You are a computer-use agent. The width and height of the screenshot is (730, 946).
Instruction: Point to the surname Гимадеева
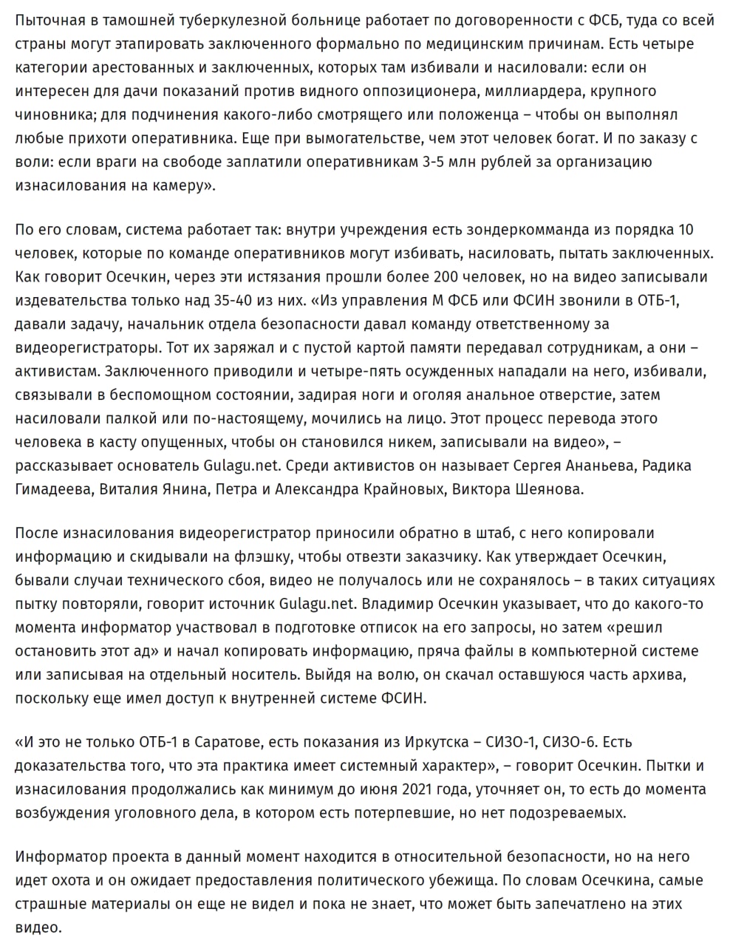(54, 489)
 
